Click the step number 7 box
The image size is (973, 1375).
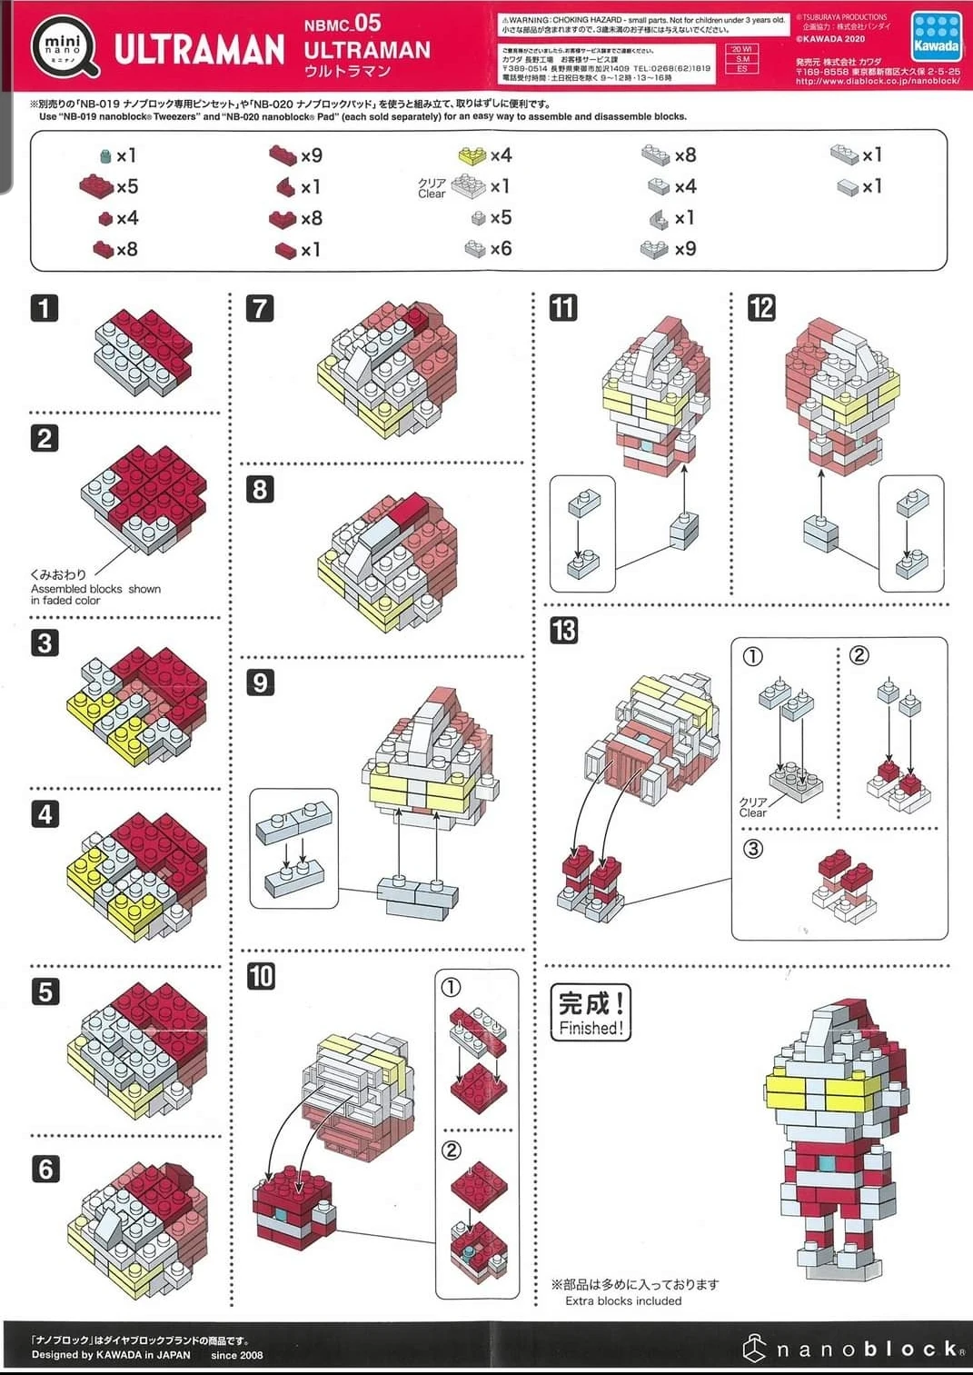click(260, 308)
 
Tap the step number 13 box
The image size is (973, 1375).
click(563, 630)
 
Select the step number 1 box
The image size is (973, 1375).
click(44, 308)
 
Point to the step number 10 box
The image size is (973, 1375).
click(261, 976)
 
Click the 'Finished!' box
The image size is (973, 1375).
click(591, 1012)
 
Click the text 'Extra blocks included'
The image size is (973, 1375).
click(622, 1300)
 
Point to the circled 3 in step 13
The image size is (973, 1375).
click(753, 849)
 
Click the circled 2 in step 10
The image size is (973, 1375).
click(452, 1151)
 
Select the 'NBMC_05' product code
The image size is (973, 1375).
click(343, 24)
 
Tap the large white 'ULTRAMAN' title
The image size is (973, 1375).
click(200, 50)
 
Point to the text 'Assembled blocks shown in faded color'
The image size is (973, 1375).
click(95, 594)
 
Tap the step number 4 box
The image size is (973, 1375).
click(44, 813)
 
